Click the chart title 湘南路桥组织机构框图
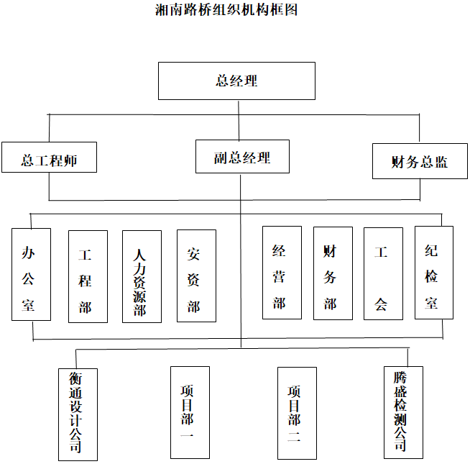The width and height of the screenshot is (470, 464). point(227,10)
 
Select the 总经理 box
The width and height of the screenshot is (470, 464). point(236,81)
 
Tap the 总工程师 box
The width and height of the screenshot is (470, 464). point(49,160)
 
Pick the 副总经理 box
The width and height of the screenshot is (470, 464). point(242,158)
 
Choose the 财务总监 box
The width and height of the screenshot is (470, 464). point(420,161)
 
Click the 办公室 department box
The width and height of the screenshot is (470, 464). point(31,274)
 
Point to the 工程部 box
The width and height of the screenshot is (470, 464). point(87,276)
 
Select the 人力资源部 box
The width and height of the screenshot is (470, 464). point(142,276)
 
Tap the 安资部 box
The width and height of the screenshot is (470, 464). point(196,276)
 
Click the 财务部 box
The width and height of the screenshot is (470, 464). point(333,273)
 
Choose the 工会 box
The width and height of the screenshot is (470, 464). point(382,273)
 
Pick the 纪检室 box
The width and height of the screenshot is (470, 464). point(433,273)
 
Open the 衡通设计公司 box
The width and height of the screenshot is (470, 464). point(77,414)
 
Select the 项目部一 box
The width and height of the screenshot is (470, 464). point(189,412)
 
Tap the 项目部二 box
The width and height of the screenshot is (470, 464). point(297,412)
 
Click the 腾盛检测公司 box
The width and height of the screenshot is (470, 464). point(402,412)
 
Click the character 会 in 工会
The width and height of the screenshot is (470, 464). point(382,304)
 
